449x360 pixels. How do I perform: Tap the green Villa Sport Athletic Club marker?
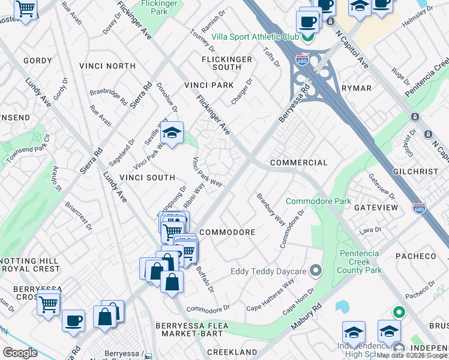[x=308, y=37]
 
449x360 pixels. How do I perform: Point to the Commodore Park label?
[x=318, y=201]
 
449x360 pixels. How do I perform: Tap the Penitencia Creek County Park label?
[x=360, y=262]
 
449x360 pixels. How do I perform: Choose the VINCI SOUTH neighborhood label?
[x=147, y=178]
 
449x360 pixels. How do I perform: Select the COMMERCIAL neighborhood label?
[x=299, y=163]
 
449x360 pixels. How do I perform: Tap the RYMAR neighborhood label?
[x=357, y=88]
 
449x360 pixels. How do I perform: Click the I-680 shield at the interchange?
[x=302, y=61]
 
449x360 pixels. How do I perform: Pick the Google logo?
[x=20, y=352]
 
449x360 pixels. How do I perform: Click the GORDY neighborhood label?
[x=38, y=61]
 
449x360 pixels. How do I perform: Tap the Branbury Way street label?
[x=271, y=209]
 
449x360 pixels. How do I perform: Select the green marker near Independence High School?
[x=397, y=313]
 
